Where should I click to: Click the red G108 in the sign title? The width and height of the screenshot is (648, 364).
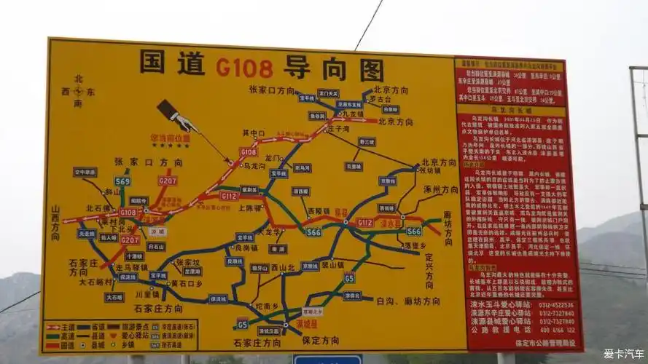point(244,68)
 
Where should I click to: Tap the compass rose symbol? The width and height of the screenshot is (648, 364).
point(78,91)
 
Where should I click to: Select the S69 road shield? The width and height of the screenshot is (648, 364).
point(122,181)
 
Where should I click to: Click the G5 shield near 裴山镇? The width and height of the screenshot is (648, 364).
point(349,277)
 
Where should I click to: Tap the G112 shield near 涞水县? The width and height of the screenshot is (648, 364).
point(364,222)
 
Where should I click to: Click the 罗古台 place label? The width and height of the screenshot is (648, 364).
point(380,98)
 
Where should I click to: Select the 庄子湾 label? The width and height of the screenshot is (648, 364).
point(340,128)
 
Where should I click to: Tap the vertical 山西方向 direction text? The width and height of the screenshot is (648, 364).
point(55,222)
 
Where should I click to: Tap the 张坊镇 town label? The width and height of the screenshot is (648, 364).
point(429,171)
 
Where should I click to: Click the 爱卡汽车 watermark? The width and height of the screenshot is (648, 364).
point(623,353)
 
